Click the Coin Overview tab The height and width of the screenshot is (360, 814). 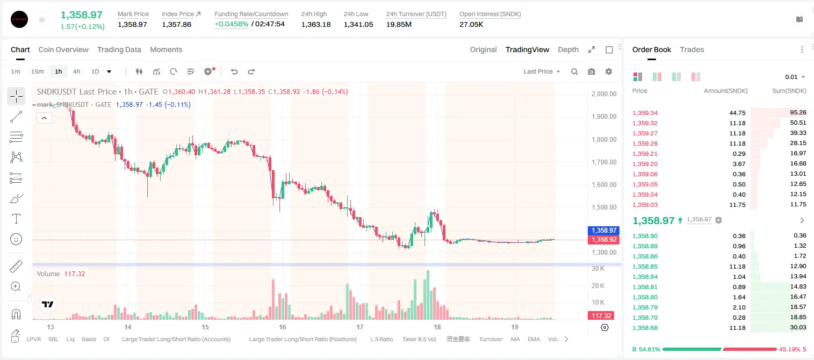click(63, 49)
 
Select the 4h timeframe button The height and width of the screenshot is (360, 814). click(76, 71)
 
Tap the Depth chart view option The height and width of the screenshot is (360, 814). click(568, 49)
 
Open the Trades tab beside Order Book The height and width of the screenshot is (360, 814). click(692, 49)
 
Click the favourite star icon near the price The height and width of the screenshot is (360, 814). click(42, 19)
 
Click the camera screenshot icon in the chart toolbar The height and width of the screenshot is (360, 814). click(592, 71)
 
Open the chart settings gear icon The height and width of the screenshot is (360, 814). click(609, 71)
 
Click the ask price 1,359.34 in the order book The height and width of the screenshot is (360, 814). click(645, 113)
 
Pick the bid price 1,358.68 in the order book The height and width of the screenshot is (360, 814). click(645, 328)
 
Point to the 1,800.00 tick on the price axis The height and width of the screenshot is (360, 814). click(604, 140)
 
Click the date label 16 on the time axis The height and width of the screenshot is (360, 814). click(283, 327)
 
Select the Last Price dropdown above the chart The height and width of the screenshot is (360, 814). click(542, 71)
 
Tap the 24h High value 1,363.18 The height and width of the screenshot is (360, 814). click(316, 24)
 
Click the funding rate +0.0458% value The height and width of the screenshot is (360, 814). click(232, 24)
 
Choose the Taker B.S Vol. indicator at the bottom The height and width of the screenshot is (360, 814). click(419, 339)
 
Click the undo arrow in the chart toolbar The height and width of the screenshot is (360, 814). click(234, 71)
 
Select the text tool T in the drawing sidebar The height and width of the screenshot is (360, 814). click(16, 219)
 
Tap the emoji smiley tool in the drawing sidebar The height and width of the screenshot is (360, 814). click(16, 239)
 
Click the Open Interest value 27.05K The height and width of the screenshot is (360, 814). click(471, 24)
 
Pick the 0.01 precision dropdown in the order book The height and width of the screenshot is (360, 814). click(795, 77)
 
